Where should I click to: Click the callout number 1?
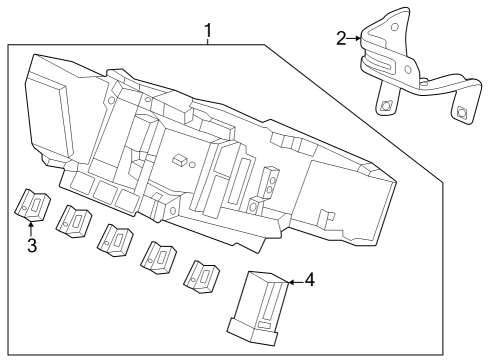(208, 31)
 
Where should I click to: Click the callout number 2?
(341, 39)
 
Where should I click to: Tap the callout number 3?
(32, 246)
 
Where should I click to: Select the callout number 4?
(310, 280)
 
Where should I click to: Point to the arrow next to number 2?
(354, 39)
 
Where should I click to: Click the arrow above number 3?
(31, 229)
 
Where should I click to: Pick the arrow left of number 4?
(295, 283)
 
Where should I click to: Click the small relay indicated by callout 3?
(32, 205)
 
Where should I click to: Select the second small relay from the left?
(74, 221)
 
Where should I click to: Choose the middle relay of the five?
(115, 240)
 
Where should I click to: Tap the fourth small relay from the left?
(158, 258)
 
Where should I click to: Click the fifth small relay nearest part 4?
(201, 277)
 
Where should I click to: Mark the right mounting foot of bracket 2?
(462, 108)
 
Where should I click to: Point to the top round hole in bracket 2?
(394, 27)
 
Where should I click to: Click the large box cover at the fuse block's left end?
(50, 107)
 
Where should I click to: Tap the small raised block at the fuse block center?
(180, 160)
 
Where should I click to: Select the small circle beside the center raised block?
(192, 165)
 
